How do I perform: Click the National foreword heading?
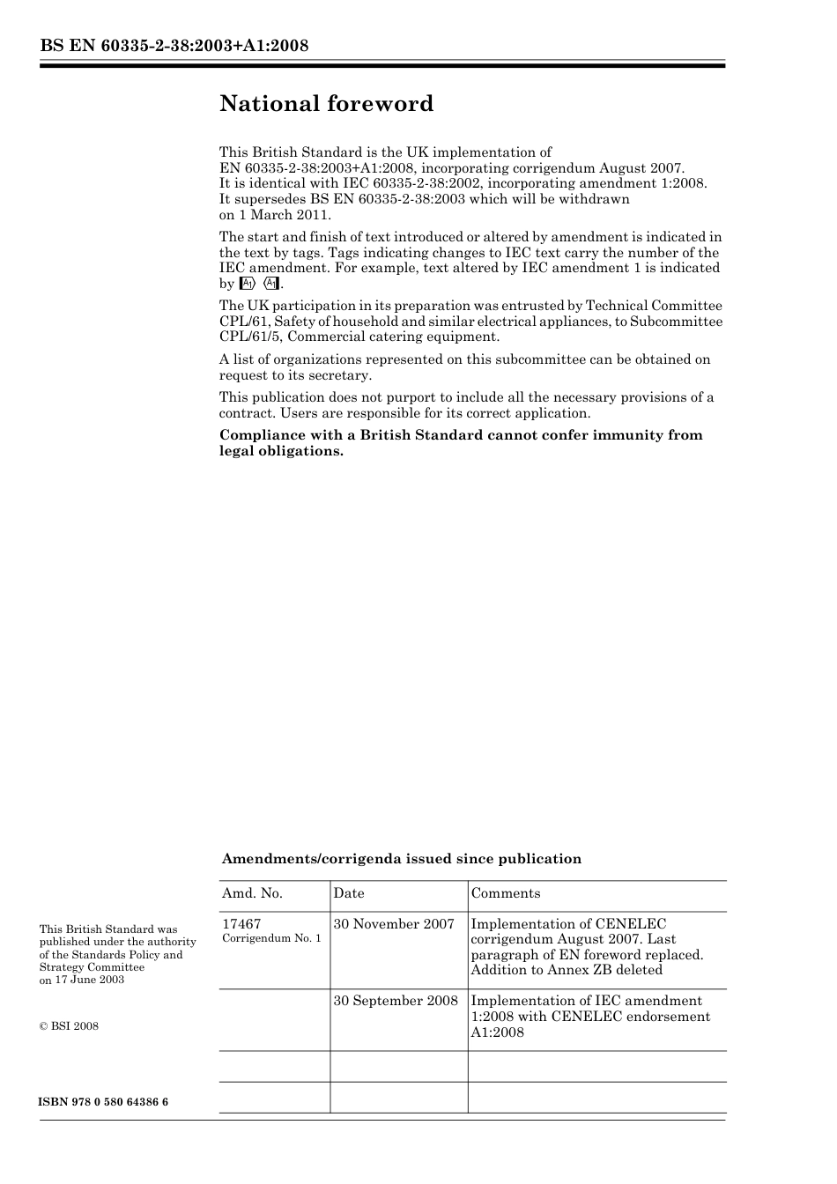(326, 104)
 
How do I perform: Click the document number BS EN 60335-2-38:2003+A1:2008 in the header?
(174, 45)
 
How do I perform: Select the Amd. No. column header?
(252, 893)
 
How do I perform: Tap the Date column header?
(348, 893)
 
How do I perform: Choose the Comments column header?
(505, 893)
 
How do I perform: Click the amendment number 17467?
(241, 924)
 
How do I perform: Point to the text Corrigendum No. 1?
(270, 939)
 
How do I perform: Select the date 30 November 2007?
(393, 924)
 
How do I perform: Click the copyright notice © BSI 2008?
(69, 1026)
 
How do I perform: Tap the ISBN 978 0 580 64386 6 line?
(103, 1103)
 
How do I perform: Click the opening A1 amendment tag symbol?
(247, 284)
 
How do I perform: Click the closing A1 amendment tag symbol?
(271, 284)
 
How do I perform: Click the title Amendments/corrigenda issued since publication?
(401, 859)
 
